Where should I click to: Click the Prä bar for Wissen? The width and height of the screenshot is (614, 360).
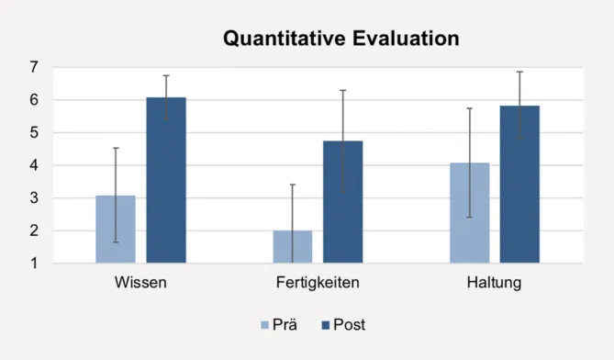[115, 230]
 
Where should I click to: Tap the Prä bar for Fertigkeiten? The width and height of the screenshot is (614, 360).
[292, 247]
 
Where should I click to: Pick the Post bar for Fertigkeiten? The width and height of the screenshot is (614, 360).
[343, 202]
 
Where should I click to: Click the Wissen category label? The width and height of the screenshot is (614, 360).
[140, 282]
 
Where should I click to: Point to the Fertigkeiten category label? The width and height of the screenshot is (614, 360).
[317, 282]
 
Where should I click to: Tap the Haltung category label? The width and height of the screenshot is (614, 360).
[494, 282]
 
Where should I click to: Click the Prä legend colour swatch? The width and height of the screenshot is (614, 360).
[266, 324]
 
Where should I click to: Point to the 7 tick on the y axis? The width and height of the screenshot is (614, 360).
[34, 67]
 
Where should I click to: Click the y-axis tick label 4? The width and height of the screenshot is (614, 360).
[34, 165]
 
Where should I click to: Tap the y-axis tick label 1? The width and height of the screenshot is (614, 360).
[34, 264]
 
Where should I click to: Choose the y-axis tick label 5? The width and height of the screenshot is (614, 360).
[34, 132]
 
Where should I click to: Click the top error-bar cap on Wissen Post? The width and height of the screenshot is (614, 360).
[166, 75]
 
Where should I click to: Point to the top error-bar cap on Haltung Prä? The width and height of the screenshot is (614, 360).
[469, 108]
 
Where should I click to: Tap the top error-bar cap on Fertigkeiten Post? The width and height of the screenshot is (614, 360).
[343, 90]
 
